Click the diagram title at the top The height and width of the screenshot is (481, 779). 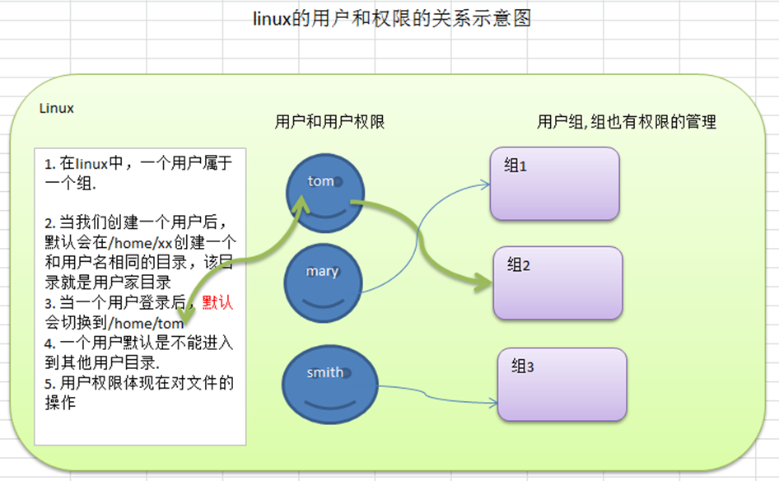tap(391, 18)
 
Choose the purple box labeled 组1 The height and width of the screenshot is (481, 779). tap(554, 184)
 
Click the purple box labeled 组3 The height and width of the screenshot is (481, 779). tap(562, 385)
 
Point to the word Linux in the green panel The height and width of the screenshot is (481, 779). tap(57, 109)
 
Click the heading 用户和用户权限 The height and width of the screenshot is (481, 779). tap(329, 122)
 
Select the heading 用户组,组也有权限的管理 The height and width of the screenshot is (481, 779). tap(626, 122)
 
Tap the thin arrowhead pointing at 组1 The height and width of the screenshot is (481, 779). tap(485, 184)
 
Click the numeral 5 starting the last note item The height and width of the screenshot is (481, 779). tap(49, 382)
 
